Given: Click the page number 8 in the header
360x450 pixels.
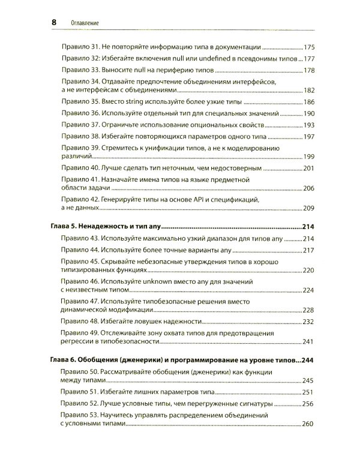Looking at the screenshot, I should (53, 22).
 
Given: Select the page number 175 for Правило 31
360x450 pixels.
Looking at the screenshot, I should (310, 46).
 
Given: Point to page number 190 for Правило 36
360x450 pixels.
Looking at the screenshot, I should (310, 113).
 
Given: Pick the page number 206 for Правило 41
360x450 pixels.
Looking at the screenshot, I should (310, 188).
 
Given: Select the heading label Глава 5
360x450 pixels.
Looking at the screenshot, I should (63, 228).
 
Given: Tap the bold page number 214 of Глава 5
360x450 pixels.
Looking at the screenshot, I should (308, 228).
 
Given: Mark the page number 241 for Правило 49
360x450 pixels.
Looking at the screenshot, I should (310, 341).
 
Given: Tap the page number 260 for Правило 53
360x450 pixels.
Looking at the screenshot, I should (310, 424).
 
